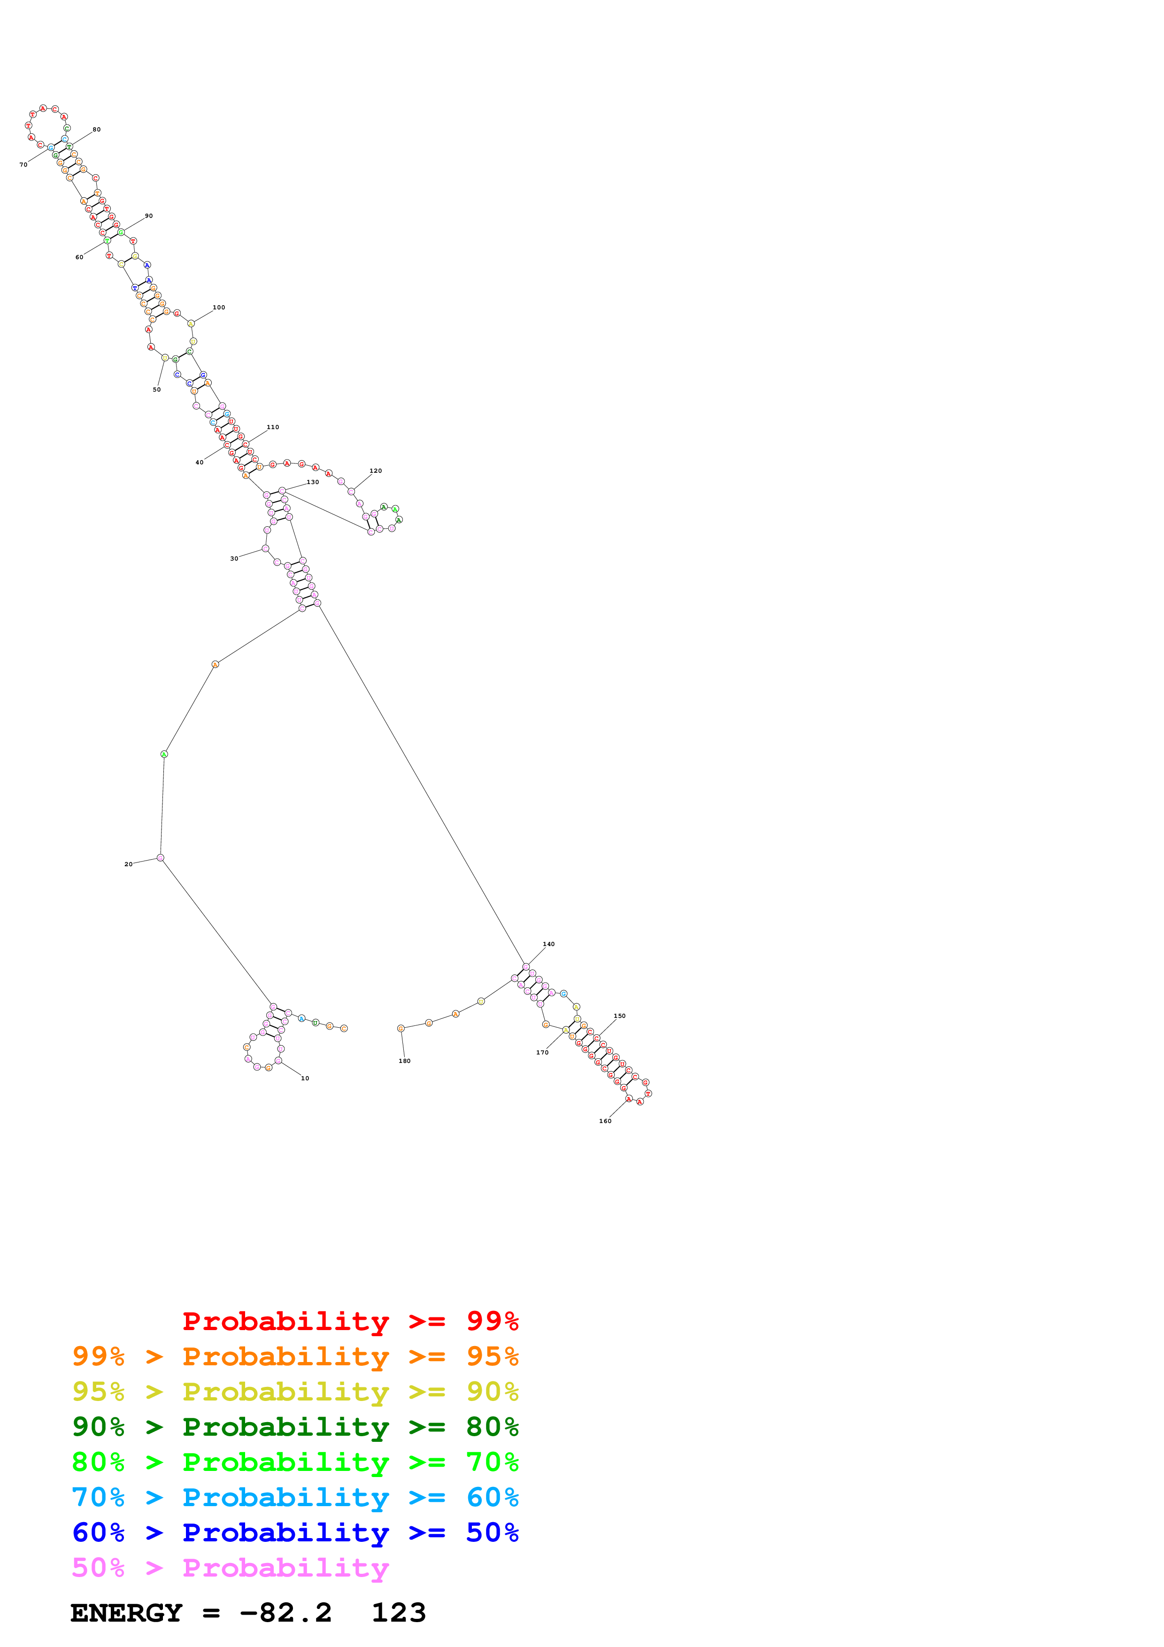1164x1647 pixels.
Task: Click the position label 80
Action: point(96,130)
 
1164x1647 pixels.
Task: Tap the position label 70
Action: point(23,165)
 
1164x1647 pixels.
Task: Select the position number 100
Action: point(219,308)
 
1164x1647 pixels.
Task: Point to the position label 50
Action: point(156,390)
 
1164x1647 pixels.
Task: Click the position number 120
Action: point(375,471)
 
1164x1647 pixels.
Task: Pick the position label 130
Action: point(313,483)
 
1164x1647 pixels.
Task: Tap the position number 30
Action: point(234,559)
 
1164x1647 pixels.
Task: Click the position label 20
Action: point(128,864)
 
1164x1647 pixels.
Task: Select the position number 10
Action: point(305,1078)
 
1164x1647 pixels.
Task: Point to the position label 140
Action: point(548,944)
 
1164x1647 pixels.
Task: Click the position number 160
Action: point(605,1121)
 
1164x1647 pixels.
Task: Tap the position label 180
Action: point(404,1061)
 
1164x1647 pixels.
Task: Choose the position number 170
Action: point(542,1052)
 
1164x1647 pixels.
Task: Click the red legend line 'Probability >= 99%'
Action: point(350,1321)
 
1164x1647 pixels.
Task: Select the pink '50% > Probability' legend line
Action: point(230,1568)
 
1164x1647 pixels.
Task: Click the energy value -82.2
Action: point(285,1613)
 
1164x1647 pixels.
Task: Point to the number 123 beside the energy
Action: point(399,1613)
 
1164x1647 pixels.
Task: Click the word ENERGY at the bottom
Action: point(126,1613)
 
